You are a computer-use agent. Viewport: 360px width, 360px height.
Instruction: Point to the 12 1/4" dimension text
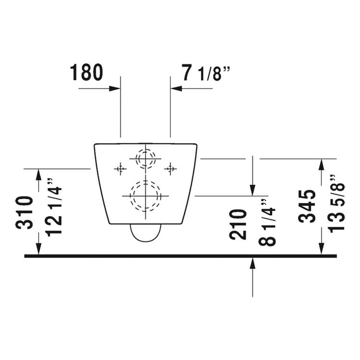pos(54,206)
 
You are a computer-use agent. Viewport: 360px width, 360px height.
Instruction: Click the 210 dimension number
pos(238,224)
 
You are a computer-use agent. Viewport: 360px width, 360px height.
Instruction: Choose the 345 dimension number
pos(307,206)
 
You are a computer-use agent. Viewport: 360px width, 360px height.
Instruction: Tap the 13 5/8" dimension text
pos(336,203)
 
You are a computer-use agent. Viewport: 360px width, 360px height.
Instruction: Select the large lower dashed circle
pos(145,196)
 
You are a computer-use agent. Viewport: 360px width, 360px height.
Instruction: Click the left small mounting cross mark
pos(120,168)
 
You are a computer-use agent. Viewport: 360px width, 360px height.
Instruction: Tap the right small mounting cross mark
pos(170,168)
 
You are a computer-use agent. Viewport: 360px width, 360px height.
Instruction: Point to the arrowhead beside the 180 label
pos(115,88)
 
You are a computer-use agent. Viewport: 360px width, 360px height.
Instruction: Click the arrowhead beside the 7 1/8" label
pos(176,88)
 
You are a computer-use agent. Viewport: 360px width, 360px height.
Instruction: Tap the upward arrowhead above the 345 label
pos(322,165)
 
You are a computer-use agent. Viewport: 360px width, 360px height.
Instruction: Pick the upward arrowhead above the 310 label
pos(39,174)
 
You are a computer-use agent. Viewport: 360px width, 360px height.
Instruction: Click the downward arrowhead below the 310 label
pos(39,250)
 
